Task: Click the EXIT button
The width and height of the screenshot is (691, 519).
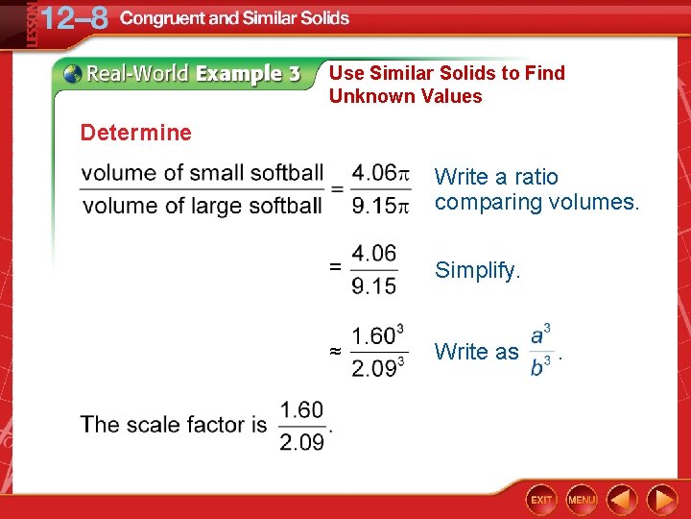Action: pos(542,500)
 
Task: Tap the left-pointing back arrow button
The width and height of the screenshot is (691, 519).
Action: pos(622,500)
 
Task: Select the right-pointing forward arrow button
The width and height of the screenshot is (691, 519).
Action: pos(661,500)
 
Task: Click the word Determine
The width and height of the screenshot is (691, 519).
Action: pos(136,133)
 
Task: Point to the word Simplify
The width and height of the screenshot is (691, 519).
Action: pos(478,271)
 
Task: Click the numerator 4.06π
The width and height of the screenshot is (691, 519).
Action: pos(381,173)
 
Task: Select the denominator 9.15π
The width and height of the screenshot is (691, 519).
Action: pos(381,205)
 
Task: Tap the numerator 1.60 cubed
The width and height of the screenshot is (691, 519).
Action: pos(377,336)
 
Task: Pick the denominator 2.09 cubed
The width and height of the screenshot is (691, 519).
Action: pos(377,367)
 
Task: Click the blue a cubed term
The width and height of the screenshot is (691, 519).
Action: pos(541,335)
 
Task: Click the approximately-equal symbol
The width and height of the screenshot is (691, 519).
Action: pos(335,353)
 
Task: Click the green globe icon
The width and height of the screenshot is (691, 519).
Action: pos(72,74)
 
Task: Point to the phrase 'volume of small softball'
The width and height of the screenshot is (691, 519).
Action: pos(203,173)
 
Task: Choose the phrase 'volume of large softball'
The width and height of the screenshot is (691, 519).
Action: pos(203,205)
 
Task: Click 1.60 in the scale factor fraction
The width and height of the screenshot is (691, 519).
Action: pos(301,410)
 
